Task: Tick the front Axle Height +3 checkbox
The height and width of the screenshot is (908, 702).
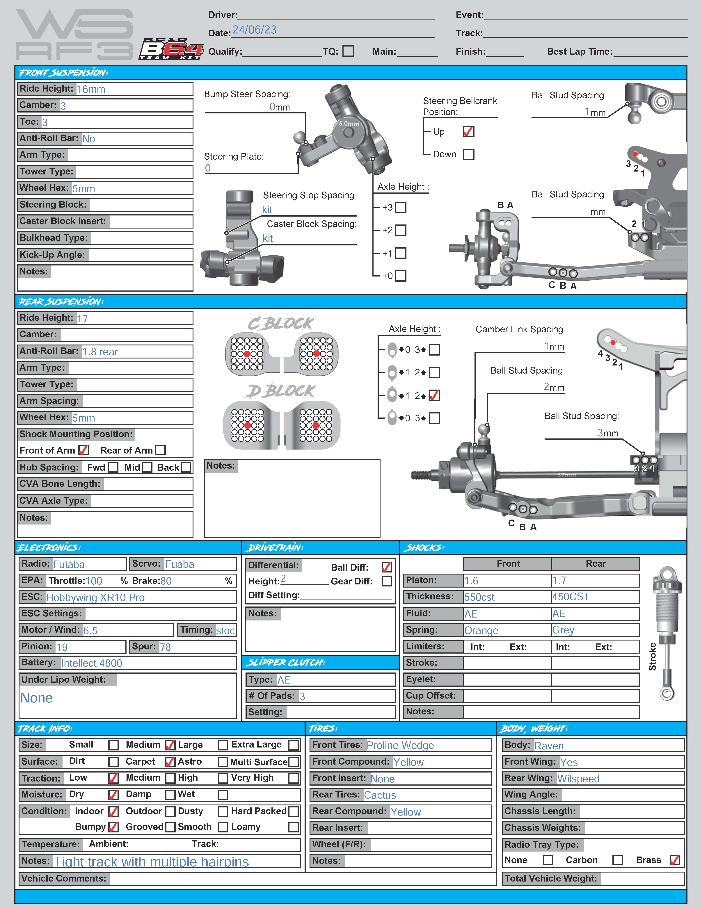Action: point(401,207)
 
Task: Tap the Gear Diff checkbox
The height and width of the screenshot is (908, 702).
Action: point(386,581)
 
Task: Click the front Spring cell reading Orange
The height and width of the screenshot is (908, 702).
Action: point(481,630)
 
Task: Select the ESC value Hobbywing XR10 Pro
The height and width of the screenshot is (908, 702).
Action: point(95,597)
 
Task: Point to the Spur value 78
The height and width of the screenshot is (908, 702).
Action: point(165,647)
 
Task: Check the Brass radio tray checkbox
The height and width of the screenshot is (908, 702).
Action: point(675,860)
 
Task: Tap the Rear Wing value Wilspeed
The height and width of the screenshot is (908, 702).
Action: point(578,779)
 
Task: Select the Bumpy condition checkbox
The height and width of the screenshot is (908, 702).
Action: point(113,827)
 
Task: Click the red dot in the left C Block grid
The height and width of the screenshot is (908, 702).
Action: point(247,354)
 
